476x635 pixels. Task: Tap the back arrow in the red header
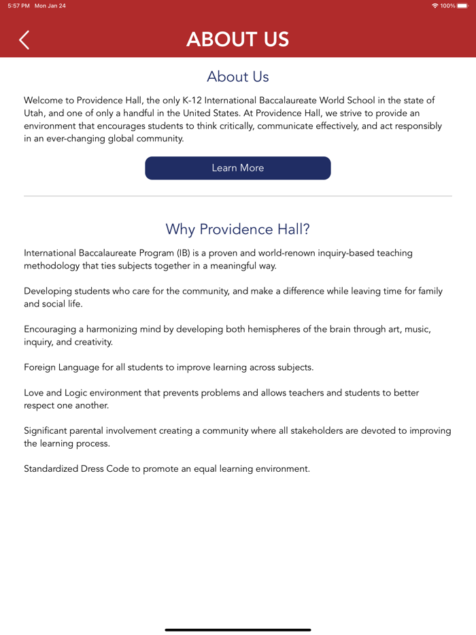24,40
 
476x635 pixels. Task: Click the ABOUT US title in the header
238,39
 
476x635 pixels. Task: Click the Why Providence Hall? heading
238,229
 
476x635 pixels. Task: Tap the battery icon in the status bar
462,5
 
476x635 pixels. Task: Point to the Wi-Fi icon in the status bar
435,5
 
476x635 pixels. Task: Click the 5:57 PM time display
18,5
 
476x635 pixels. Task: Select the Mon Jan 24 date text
50,5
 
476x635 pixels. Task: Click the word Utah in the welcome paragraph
34,113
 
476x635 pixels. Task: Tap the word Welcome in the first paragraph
43,100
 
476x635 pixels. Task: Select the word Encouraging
54,329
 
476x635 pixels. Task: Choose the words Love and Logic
60,393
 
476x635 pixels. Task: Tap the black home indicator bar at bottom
238,630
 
